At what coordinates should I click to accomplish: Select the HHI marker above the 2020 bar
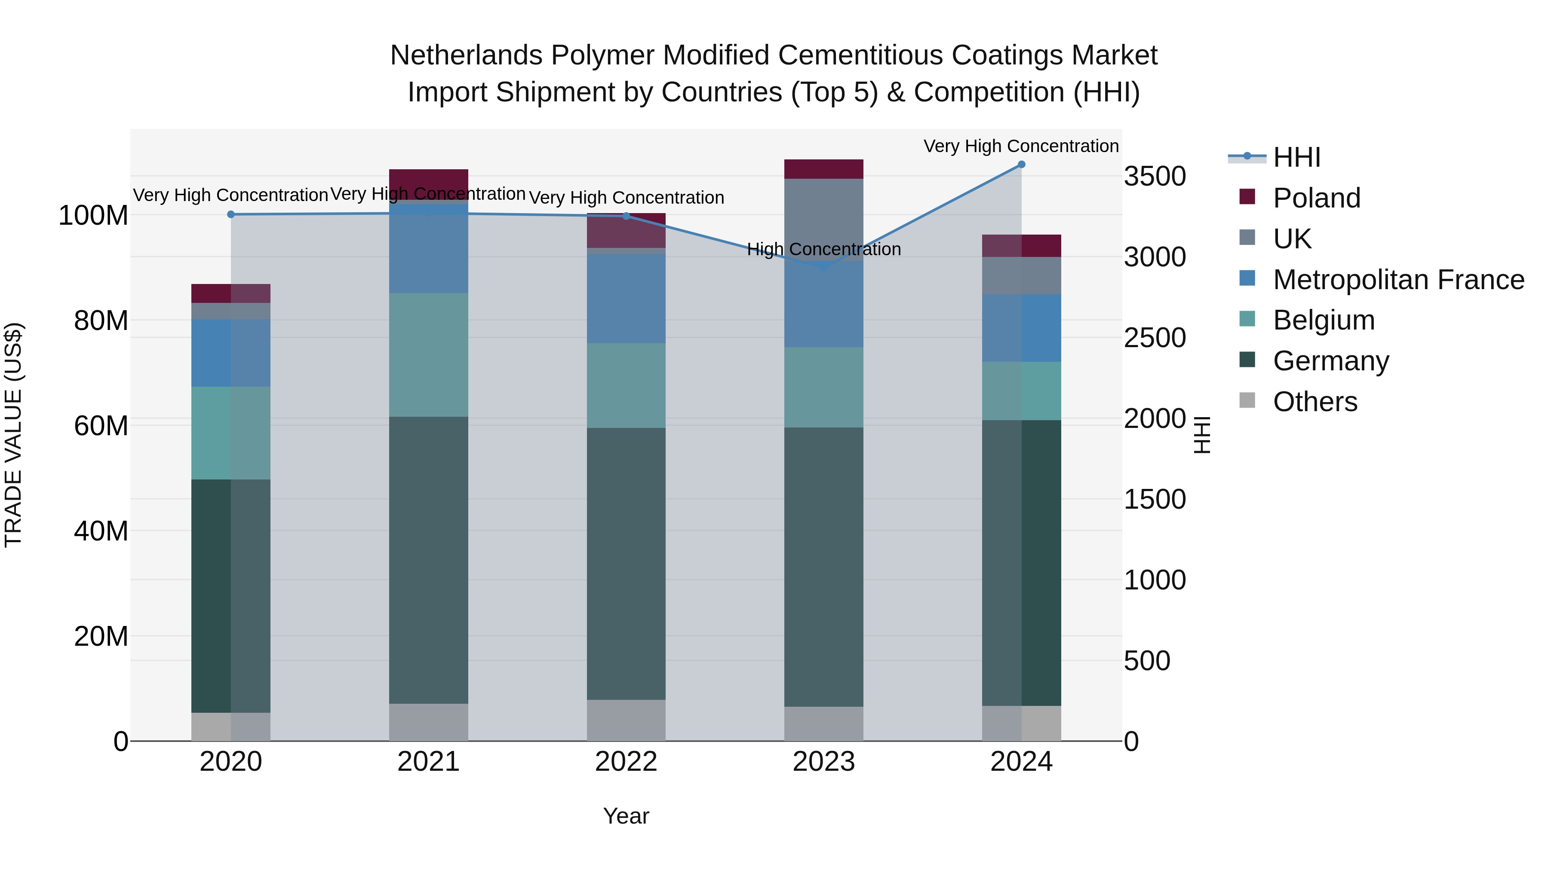tap(231, 214)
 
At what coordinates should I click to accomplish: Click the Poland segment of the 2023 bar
tap(824, 169)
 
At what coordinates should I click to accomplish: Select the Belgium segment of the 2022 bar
tap(626, 385)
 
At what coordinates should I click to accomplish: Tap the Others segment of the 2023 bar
tap(824, 723)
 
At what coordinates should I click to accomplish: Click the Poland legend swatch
tap(1247, 197)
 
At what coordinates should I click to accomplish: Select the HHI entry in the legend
tap(1296, 157)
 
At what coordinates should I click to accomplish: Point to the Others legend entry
tap(1315, 402)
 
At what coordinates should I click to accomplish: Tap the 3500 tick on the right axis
tap(1155, 177)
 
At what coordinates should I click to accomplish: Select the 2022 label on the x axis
tap(626, 762)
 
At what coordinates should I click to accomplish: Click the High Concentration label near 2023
tap(824, 249)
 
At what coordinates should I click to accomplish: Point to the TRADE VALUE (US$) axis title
tap(13, 435)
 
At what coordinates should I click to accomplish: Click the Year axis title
tap(626, 816)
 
